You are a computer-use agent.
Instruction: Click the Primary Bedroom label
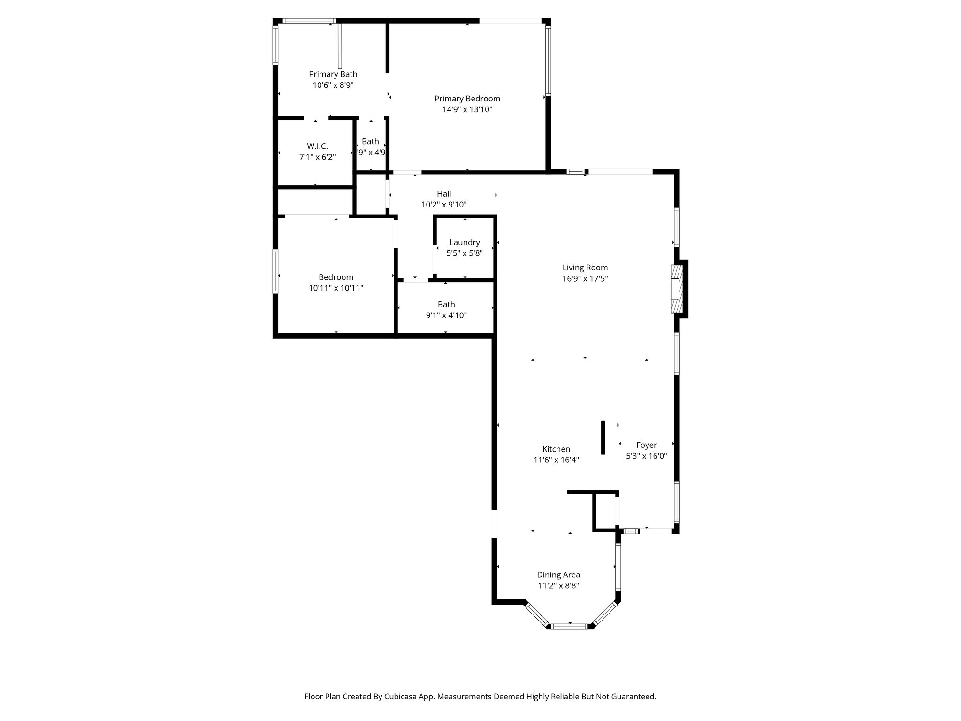[467, 99]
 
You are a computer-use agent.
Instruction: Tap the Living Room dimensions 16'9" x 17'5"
[585, 279]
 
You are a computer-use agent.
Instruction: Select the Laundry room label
[464, 242]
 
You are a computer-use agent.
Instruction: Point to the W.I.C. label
[317, 146]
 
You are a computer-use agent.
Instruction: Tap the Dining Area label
[558, 575]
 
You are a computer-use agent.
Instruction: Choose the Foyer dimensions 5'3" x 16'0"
[646, 456]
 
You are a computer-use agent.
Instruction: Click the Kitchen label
[556, 449]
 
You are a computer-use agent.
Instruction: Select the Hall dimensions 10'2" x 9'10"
[443, 205]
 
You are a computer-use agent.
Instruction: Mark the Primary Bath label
[333, 74]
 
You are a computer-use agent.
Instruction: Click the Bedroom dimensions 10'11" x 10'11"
[336, 288]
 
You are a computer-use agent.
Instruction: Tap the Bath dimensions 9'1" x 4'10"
[446, 315]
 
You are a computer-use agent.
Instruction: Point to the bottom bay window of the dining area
[569, 626]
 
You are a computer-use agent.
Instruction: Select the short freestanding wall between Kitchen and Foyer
[603, 437]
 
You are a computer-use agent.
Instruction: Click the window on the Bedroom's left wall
[275, 271]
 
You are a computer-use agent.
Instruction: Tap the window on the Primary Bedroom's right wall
[548, 60]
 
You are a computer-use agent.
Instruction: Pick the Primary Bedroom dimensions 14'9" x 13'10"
[467, 110]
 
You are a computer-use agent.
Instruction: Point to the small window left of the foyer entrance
[631, 531]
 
